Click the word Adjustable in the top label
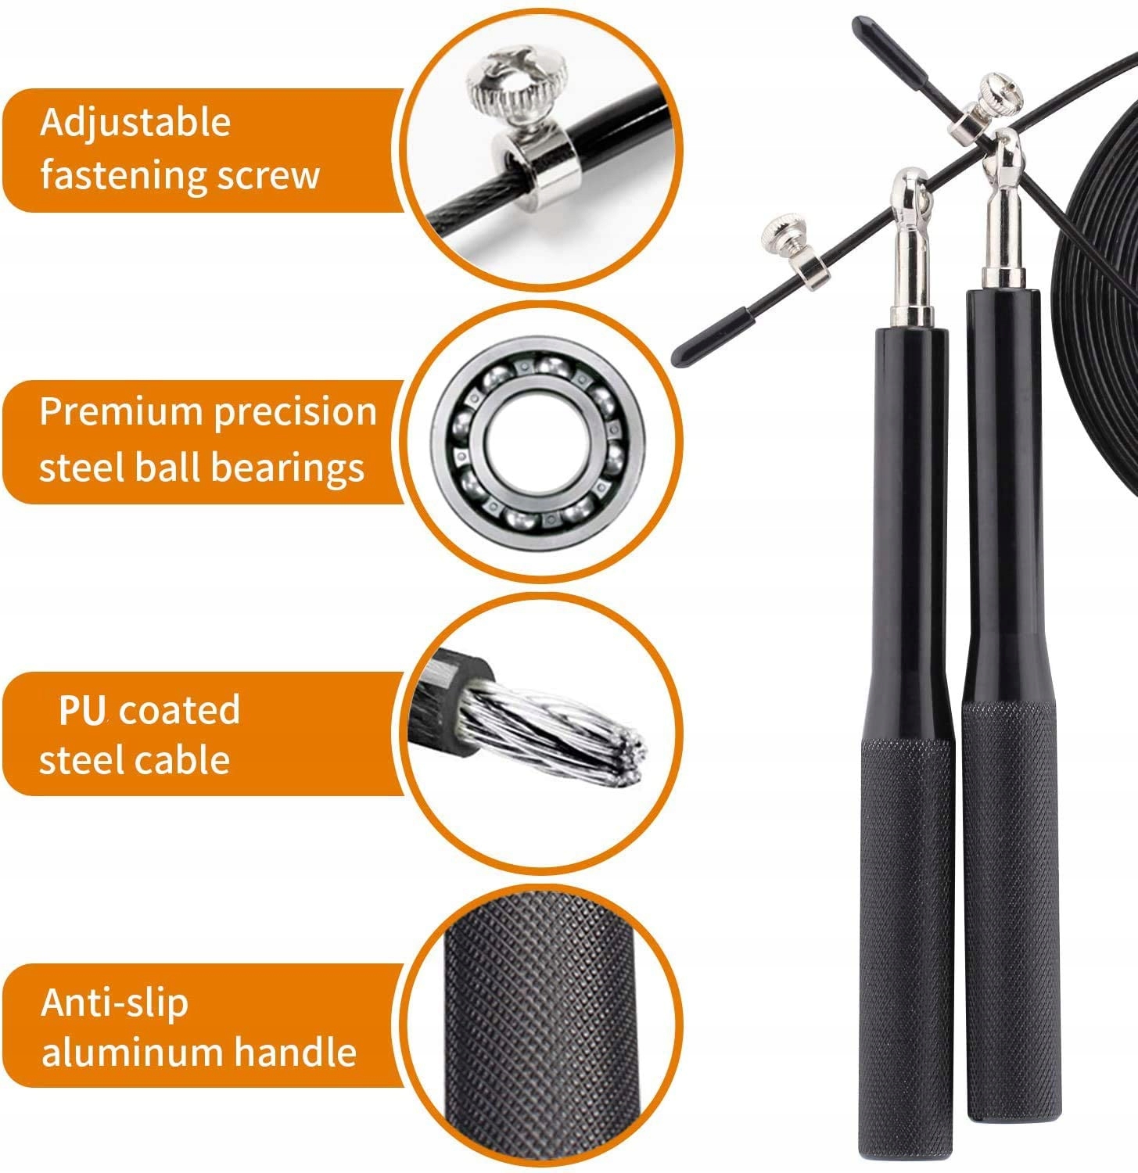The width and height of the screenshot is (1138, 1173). (x=135, y=123)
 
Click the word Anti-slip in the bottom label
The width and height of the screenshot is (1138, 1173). (x=114, y=1003)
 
